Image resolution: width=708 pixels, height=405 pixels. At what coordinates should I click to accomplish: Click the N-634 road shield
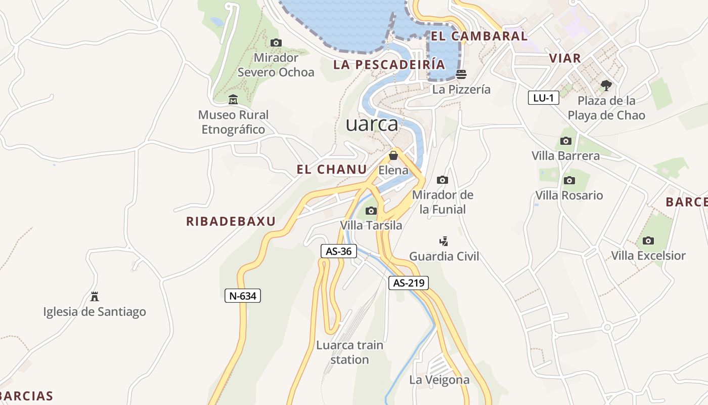click(243, 296)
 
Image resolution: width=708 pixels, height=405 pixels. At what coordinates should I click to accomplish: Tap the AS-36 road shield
click(339, 251)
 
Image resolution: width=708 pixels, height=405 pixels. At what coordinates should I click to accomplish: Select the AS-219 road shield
click(409, 283)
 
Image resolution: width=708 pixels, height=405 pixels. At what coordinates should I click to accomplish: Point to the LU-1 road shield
click(544, 98)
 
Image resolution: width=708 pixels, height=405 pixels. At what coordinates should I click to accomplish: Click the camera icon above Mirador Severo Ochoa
click(276, 43)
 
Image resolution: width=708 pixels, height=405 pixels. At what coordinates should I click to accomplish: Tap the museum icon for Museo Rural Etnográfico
click(233, 99)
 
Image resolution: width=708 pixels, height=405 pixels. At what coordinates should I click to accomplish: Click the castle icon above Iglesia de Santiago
click(95, 296)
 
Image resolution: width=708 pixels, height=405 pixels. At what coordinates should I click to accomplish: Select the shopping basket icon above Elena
click(393, 155)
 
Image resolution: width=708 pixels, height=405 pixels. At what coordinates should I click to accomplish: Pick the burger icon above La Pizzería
click(461, 74)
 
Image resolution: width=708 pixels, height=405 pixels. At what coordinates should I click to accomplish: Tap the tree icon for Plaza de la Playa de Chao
click(606, 85)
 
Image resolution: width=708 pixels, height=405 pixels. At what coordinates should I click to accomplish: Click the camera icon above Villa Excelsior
click(648, 240)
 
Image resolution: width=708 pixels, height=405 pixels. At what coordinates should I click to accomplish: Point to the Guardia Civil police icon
click(444, 241)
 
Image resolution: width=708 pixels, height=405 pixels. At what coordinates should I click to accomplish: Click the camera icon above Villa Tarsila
click(371, 211)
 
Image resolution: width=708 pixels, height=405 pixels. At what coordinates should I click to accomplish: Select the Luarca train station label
click(349, 352)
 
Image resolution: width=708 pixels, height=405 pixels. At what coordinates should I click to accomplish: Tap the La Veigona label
click(439, 380)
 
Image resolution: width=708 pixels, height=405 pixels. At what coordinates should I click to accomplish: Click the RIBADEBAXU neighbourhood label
click(231, 221)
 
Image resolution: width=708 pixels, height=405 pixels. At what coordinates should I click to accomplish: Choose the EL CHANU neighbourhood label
click(332, 170)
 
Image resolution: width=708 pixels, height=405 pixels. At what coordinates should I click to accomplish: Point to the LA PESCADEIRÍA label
click(389, 64)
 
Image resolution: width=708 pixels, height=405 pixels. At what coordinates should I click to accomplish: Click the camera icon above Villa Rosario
click(569, 180)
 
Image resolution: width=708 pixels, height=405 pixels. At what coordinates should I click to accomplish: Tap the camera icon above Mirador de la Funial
click(442, 180)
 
